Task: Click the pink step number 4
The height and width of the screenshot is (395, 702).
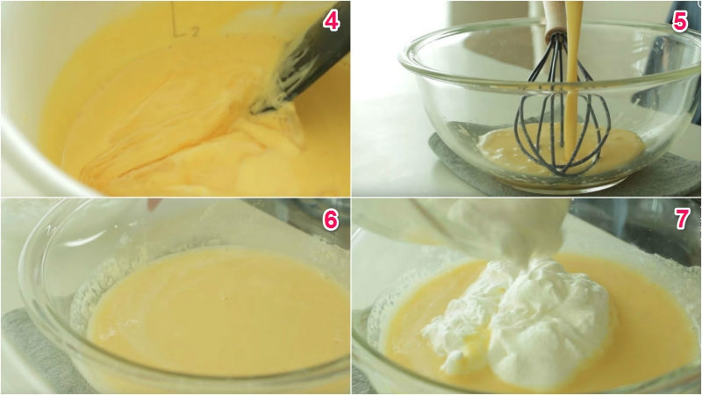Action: pyautogui.click(x=331, y=20)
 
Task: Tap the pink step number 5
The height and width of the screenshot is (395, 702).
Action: pyautogui.click(x=679, y=20)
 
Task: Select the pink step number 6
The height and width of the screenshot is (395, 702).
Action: pyautogui.click(x=331, y=219)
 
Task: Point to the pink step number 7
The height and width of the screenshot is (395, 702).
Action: pyautogui.click(x=682, y=219)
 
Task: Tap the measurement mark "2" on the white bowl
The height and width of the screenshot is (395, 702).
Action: pyautogui.click(x=195, y=32)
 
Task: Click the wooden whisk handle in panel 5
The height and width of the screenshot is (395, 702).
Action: pyautogui.click(x=555, y=18)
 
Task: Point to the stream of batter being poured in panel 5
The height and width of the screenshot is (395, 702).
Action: pyautogui.click(x=571, y=81)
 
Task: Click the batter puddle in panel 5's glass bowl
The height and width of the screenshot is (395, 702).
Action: pyautogui.click(x=560, y=150)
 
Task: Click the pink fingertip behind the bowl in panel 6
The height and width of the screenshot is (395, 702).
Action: pyautogui.click(x=154, y=205)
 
